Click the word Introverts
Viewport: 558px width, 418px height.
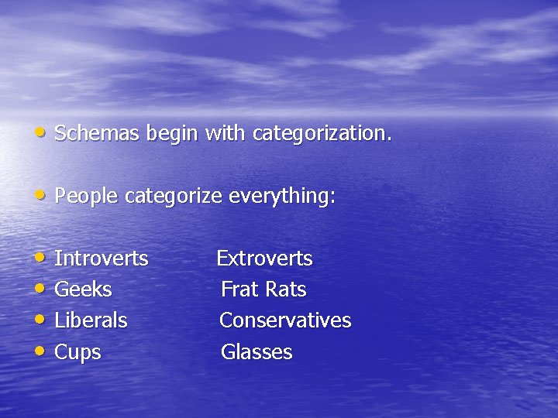tap(102, 259)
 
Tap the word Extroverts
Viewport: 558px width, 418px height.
tap(264, 259)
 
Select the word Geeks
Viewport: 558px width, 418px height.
tap(83, 290)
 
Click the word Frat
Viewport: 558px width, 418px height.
tap(239, 290)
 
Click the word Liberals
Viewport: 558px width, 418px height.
tap(91, 320)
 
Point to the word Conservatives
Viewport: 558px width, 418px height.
tap(285, 320)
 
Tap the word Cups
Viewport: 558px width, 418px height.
tap(77, 352)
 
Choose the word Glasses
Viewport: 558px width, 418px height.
tap(257, 352)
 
